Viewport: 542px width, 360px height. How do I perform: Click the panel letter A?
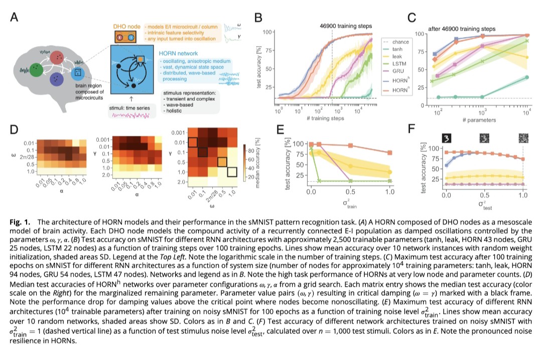point(14,17)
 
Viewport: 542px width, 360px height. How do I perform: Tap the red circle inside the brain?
point(57,58)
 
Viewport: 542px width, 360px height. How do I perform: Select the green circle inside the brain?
point(36,70)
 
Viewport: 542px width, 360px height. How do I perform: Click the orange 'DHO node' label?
point(127,27)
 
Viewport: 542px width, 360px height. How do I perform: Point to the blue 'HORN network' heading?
point(178,53)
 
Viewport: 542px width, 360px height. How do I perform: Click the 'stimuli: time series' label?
point(129,108)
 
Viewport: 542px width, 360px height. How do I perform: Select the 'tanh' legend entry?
point(397,49)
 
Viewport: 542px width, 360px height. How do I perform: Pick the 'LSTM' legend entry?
point(399,64)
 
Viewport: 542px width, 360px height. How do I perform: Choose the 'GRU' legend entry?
point(398,71)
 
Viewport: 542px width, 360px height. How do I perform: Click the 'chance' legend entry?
point(400,42)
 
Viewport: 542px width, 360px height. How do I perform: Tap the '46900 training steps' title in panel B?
point(346,26)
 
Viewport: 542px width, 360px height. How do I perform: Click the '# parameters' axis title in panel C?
point(479,120)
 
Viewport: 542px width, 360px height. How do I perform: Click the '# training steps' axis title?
point(325,118)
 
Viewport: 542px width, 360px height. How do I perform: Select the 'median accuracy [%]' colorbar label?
point(257,163)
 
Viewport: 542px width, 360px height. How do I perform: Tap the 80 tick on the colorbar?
point(251,150)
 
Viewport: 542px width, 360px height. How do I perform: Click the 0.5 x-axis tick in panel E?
point(350,192)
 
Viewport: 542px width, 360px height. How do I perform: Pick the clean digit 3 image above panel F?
point(446,138)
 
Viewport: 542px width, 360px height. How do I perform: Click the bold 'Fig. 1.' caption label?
point(20,222)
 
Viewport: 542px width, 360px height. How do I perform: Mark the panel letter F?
point(412,129)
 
